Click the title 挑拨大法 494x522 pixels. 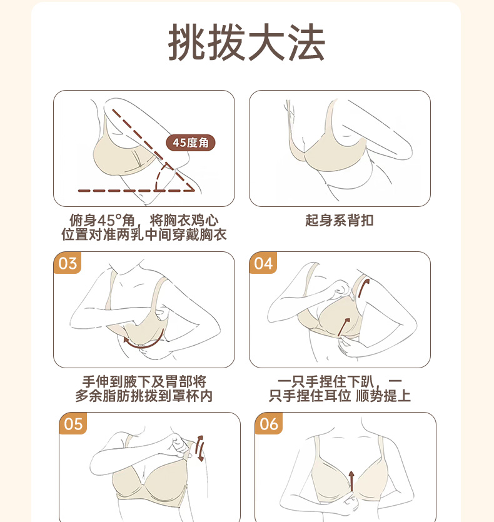tap(246, 43)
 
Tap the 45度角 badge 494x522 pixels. tap(191, 143)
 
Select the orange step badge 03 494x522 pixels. tap(68, 263)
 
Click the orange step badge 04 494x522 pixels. tap(263, 263)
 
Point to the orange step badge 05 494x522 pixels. tap(73, 424)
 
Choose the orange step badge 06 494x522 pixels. tap(269, 424)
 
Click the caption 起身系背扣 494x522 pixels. tap(340, 221)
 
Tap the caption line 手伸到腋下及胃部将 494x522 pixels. tap(144, 381)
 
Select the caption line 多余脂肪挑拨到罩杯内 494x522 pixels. tap(144, 396)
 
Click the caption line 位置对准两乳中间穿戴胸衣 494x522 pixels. tap(144, 234)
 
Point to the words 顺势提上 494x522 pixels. tap(383, 396)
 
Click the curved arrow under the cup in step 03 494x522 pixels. tap(146, 345)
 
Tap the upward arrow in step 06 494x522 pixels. tap(351, 480)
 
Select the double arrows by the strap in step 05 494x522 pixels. tap(199, 448)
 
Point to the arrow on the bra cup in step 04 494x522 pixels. tap(344, 327)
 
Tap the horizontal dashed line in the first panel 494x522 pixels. tap(136, 191)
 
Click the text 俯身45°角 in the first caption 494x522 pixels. tap(102, 221)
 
